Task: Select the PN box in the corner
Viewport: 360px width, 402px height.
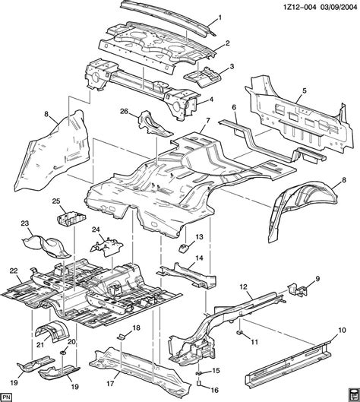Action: coord(8,395)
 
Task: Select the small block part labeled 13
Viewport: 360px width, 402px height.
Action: coord(183,248)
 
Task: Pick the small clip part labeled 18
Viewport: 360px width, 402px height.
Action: coord(119,334)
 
